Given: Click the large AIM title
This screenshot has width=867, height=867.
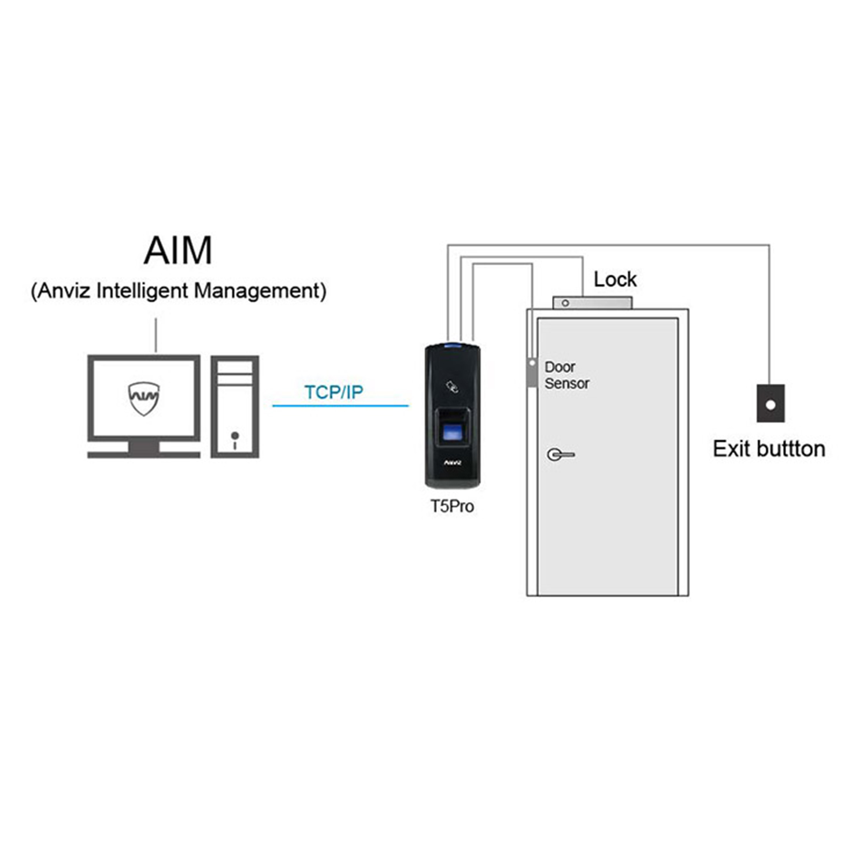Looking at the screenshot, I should coord(177,250).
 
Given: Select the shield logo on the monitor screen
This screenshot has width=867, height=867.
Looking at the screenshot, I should coord(143,398).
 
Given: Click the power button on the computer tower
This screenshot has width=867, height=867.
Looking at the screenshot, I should coord(235,435).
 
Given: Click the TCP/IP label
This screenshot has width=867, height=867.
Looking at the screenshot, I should coord(334,392).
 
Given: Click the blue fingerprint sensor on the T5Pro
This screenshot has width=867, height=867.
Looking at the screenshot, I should coord(452,432).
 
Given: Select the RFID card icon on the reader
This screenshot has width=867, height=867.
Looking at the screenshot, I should coord(452,386).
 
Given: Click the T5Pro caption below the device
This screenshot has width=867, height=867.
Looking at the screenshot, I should coord(452,506).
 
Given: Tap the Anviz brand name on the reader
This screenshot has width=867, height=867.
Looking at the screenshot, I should coord(452,462).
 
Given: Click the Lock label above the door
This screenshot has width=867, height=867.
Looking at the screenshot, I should coord(615,280).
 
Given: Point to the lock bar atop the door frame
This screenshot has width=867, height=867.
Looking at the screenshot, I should coord(592,303).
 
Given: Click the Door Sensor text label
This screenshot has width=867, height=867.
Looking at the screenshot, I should coord(566,375).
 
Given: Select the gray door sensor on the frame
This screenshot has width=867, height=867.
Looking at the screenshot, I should coord(532,373).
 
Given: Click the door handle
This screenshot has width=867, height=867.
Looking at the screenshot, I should coord(560,455).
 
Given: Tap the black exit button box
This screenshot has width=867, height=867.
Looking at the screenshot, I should coord(770,403).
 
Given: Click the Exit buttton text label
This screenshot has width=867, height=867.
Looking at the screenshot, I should coord(769,449).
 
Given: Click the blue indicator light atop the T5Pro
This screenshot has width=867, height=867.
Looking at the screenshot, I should coord(452,346).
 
